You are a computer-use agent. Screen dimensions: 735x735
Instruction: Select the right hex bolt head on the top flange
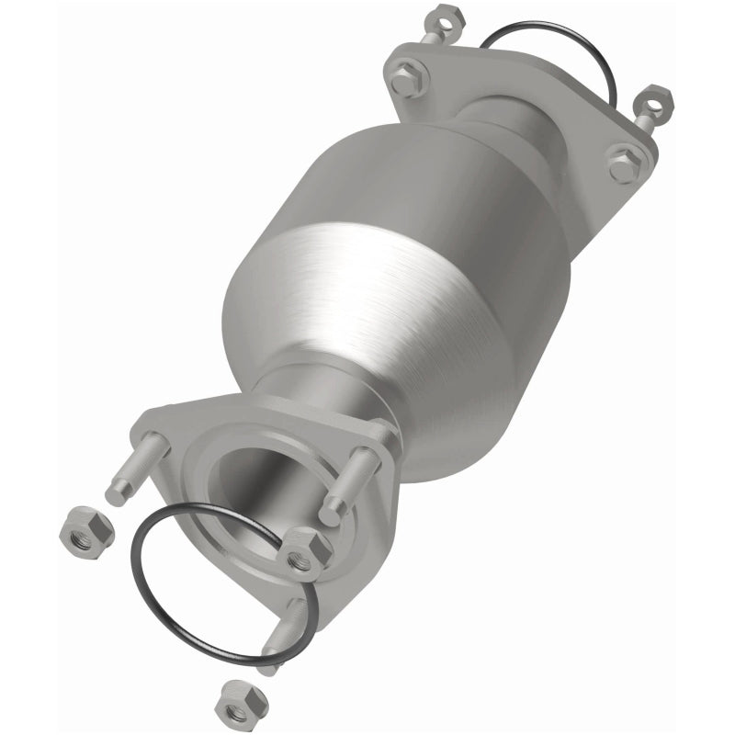pyautogui.click(x=625, y=166)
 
